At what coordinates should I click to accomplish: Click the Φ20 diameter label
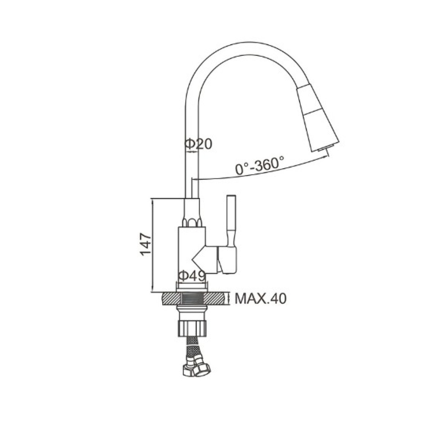tap(198, 144)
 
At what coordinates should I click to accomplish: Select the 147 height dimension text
tap(146, 244)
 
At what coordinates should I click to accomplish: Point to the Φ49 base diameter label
tap(192, 276)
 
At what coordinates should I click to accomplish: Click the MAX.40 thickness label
tap(261, 299)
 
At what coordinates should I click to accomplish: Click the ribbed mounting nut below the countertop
tap(192, 328)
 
